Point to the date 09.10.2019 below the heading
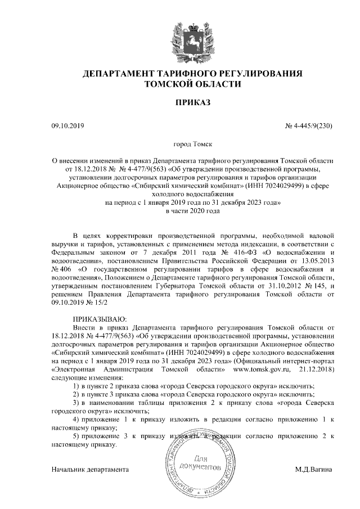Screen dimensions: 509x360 point(67,127)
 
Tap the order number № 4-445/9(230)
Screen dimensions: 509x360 point(307,127)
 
